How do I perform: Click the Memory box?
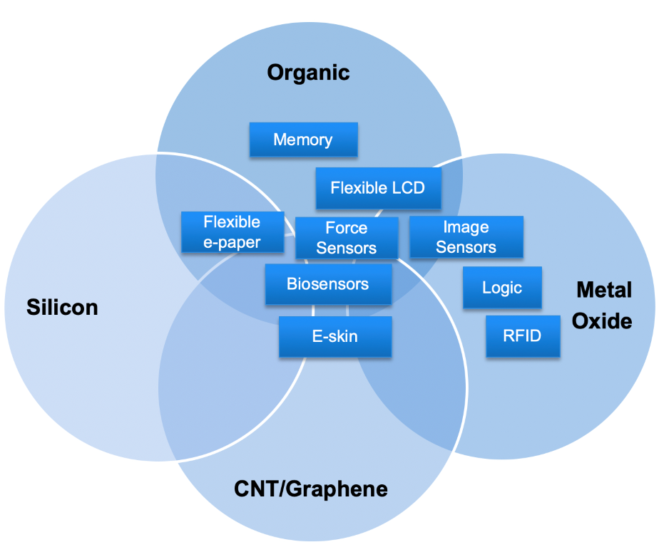point(303,140)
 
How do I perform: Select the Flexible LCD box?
point(378,188)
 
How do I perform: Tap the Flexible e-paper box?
point(232,232)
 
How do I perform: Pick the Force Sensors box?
point(347,238)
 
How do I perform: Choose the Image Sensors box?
point(466,237)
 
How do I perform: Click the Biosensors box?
point(328,284)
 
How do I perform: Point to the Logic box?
point(502,288)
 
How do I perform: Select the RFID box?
point(522,335)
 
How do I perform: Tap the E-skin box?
point(335,336)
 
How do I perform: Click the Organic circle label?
point(308,72)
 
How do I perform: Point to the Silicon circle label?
point(62,307)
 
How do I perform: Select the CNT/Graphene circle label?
point(311,489)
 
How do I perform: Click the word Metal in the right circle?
point(603,290)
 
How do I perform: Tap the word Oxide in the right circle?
point(603,321)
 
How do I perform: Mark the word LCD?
point(409,188)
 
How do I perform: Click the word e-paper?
point(232,242)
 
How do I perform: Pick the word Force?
point(347,228)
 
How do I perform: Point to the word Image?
point(466,227)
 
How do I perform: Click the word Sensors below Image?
point(466,247)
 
